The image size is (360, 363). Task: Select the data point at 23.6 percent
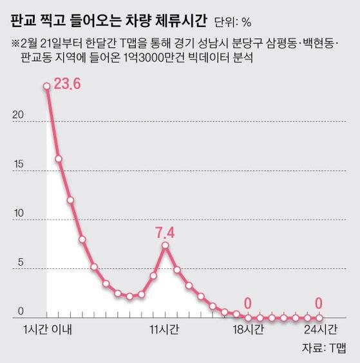tap(46, 86)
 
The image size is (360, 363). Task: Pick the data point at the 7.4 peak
tap(166, 245)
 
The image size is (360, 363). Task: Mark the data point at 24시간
tap(319, 317)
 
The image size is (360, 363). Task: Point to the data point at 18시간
tap(248, 317)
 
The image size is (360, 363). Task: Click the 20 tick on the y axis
tap(19, 115)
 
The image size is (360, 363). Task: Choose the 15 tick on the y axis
tap(19, 164)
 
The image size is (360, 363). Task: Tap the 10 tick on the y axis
tap(19, 213)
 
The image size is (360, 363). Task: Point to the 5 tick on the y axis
tap(21, 262)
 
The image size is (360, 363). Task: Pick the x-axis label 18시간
tap(247, 330)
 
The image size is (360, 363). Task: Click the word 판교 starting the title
tap(23, 21)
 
